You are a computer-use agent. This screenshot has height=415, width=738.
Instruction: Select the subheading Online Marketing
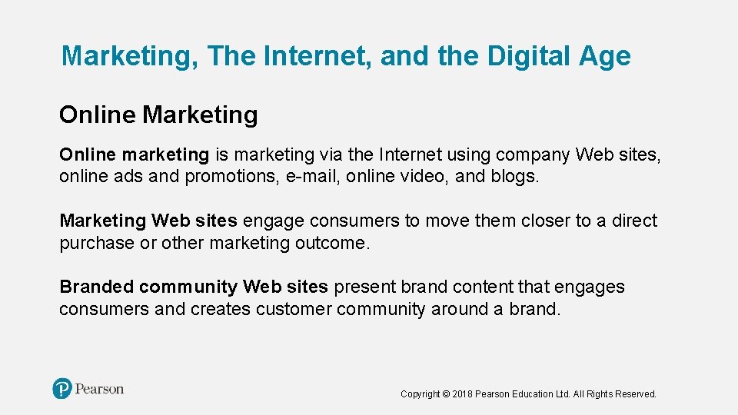point(158,115)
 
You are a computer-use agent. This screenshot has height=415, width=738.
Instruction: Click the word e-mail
point(311,177)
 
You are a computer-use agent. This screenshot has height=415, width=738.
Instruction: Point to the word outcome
point(332,244)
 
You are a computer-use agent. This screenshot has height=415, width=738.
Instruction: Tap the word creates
point(221,310)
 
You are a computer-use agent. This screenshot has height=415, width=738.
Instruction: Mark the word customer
point(294,310)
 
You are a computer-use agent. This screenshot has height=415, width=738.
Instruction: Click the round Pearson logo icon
point(62,389)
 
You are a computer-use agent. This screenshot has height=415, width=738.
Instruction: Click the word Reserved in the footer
point(637,394)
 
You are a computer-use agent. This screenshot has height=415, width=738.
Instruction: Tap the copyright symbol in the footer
point(447,394)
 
